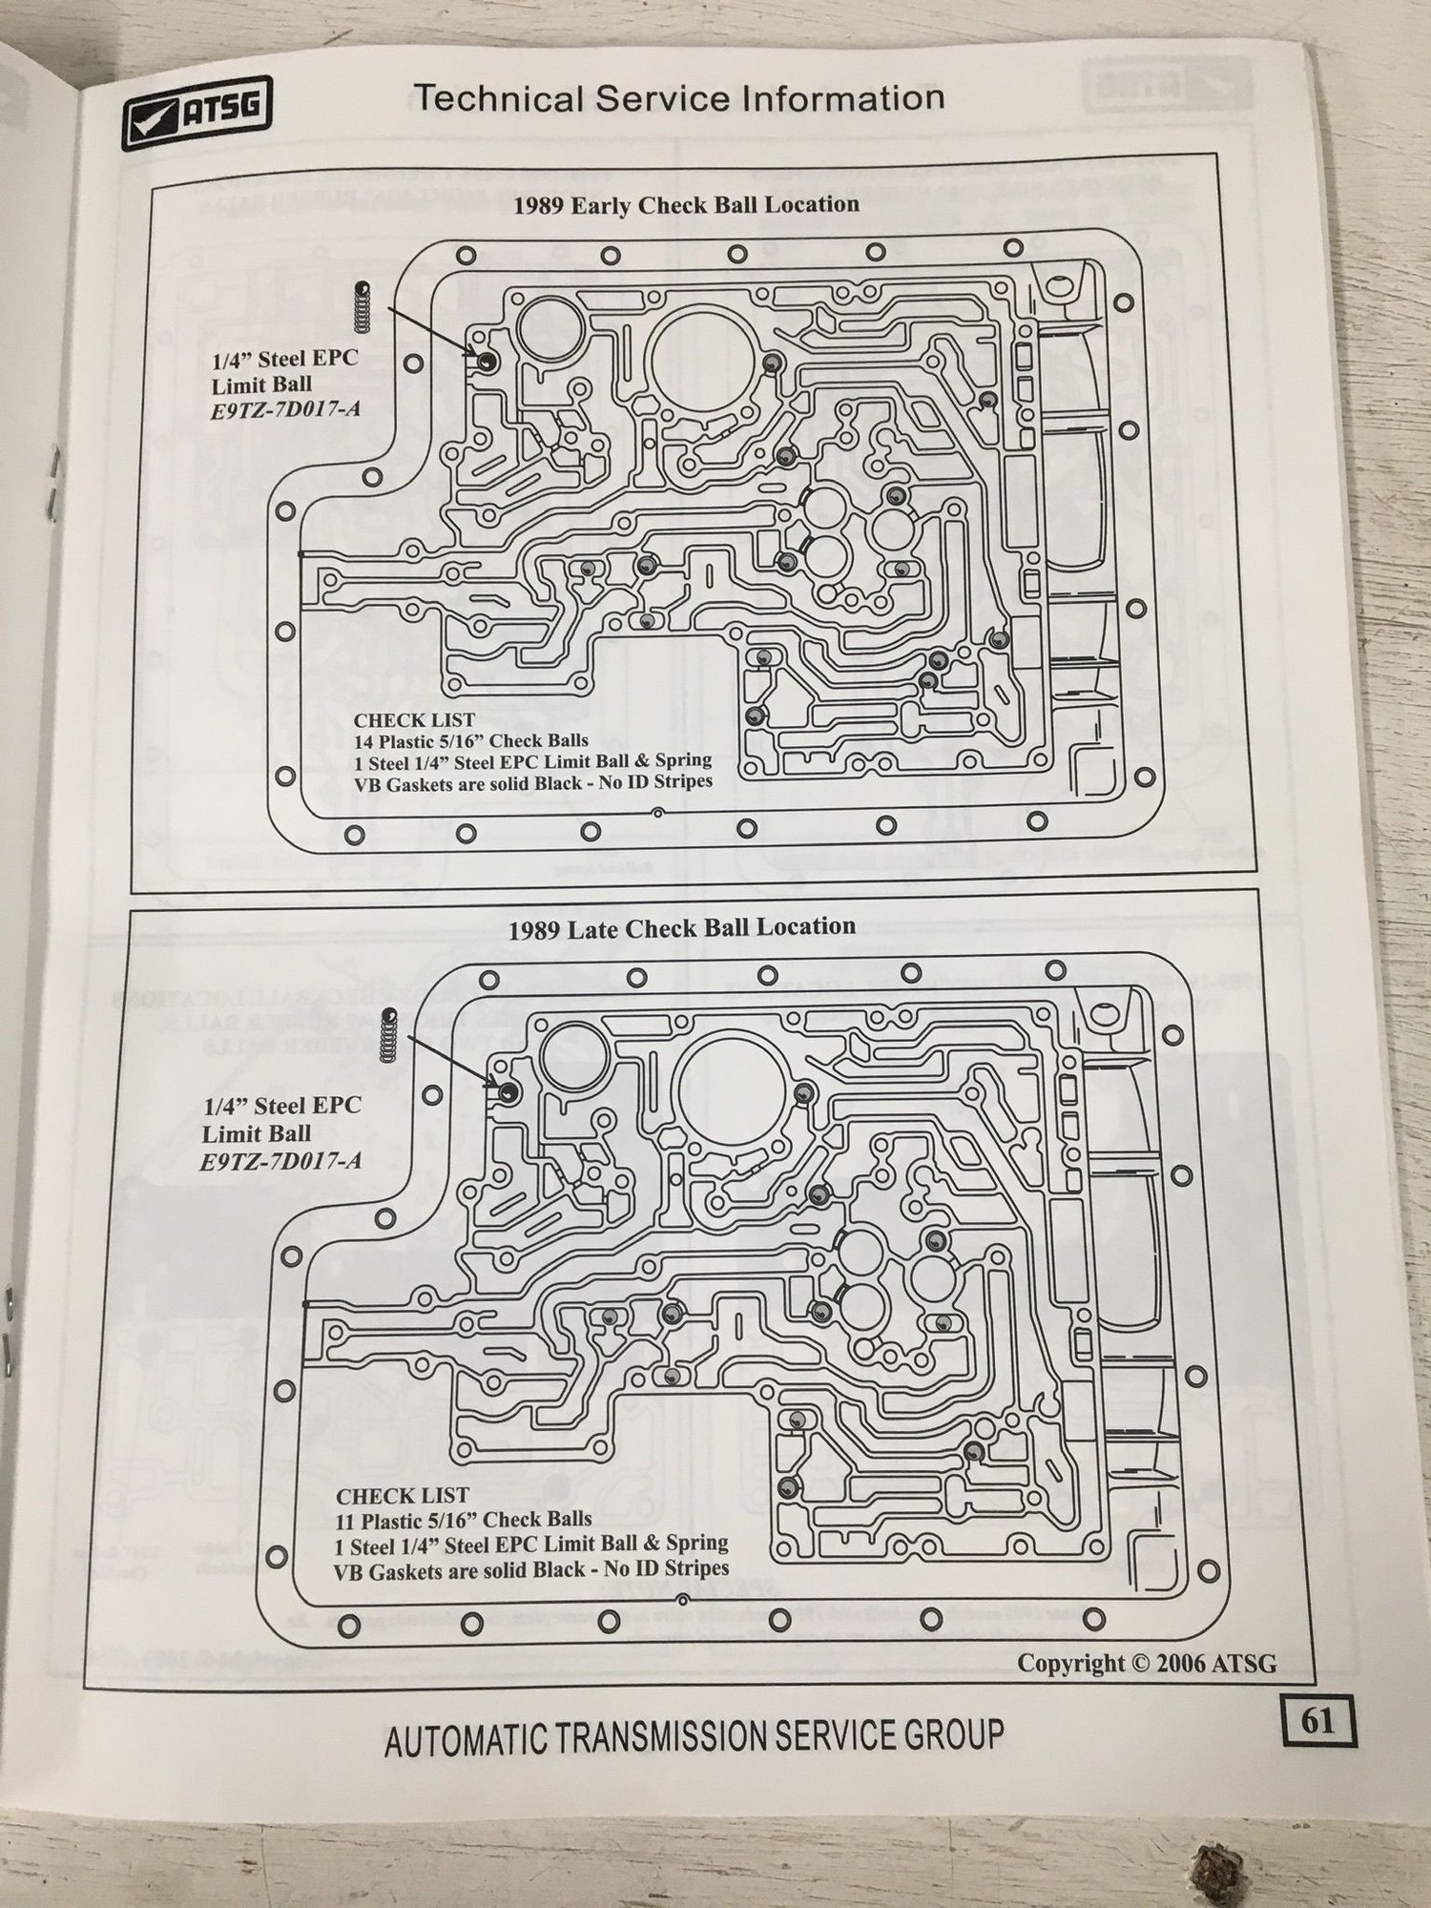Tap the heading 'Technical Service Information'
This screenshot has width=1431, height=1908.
678,98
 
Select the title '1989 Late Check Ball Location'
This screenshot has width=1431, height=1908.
681,928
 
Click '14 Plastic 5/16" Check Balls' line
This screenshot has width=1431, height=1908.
471,740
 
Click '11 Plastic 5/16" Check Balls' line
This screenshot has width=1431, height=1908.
464,1519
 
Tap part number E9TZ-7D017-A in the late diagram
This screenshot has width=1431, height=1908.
268,1162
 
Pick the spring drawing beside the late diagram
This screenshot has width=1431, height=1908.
388,1033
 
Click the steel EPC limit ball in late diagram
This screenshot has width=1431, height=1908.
508,1092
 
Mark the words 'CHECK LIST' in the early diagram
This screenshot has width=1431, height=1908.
414,720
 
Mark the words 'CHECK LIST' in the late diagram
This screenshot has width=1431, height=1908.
403,1497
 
